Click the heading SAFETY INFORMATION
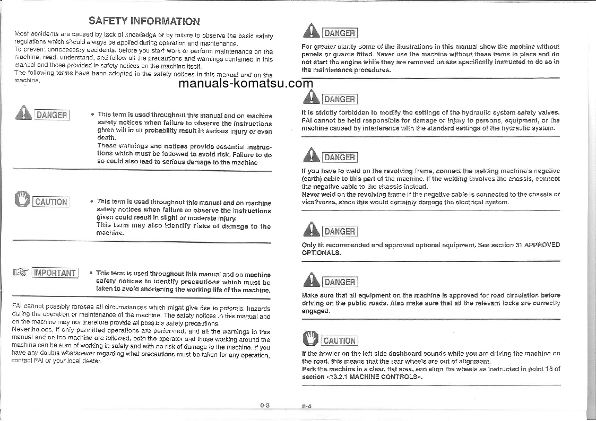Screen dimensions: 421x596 (x=144, y=21)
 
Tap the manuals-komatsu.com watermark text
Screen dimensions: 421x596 (x=246, y=83)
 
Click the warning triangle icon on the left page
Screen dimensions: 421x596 (x=23, y=113)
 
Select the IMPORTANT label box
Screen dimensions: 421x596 (x=55, y=273)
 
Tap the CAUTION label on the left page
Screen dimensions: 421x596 (x=51, y=201)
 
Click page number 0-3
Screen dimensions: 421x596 (x=265, y=406)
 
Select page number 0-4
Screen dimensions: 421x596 (x=306, y=406)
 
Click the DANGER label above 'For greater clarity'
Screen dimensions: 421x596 (x=340, y=33)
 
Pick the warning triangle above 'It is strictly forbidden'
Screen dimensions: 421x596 (x=311, y=97)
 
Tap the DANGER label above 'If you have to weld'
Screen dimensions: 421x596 (x=340, y=157)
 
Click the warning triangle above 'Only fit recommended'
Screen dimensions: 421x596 (x=311, y=230)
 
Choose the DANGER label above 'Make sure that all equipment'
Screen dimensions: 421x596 (x=340, y=282)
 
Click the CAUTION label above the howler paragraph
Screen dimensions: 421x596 (x=339, y=341)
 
